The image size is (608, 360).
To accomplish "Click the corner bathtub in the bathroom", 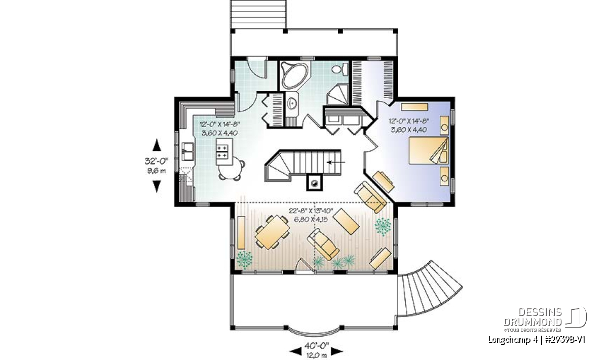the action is (295, 75).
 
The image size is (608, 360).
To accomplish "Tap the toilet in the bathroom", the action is (340, 69).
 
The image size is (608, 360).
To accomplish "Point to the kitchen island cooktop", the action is (223, 151).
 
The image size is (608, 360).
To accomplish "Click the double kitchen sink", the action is (188, 152).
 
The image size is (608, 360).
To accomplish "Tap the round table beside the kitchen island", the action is (231, 169).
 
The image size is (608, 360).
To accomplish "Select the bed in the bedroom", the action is (429, 150).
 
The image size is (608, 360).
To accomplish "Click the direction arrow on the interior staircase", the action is (336, 163).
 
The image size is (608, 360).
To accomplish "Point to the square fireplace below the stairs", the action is (315, 182).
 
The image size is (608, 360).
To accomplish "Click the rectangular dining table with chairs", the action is (272, 232).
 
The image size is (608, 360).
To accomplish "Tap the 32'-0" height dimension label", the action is (157, 162).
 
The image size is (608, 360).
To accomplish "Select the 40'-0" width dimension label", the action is (317, 346).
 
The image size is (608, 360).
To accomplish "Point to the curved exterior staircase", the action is (429, 290).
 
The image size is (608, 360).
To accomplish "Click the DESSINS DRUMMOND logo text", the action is (533, 317).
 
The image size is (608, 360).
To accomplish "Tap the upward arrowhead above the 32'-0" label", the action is (157, 145).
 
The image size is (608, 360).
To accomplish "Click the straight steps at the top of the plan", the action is (258, 14).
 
